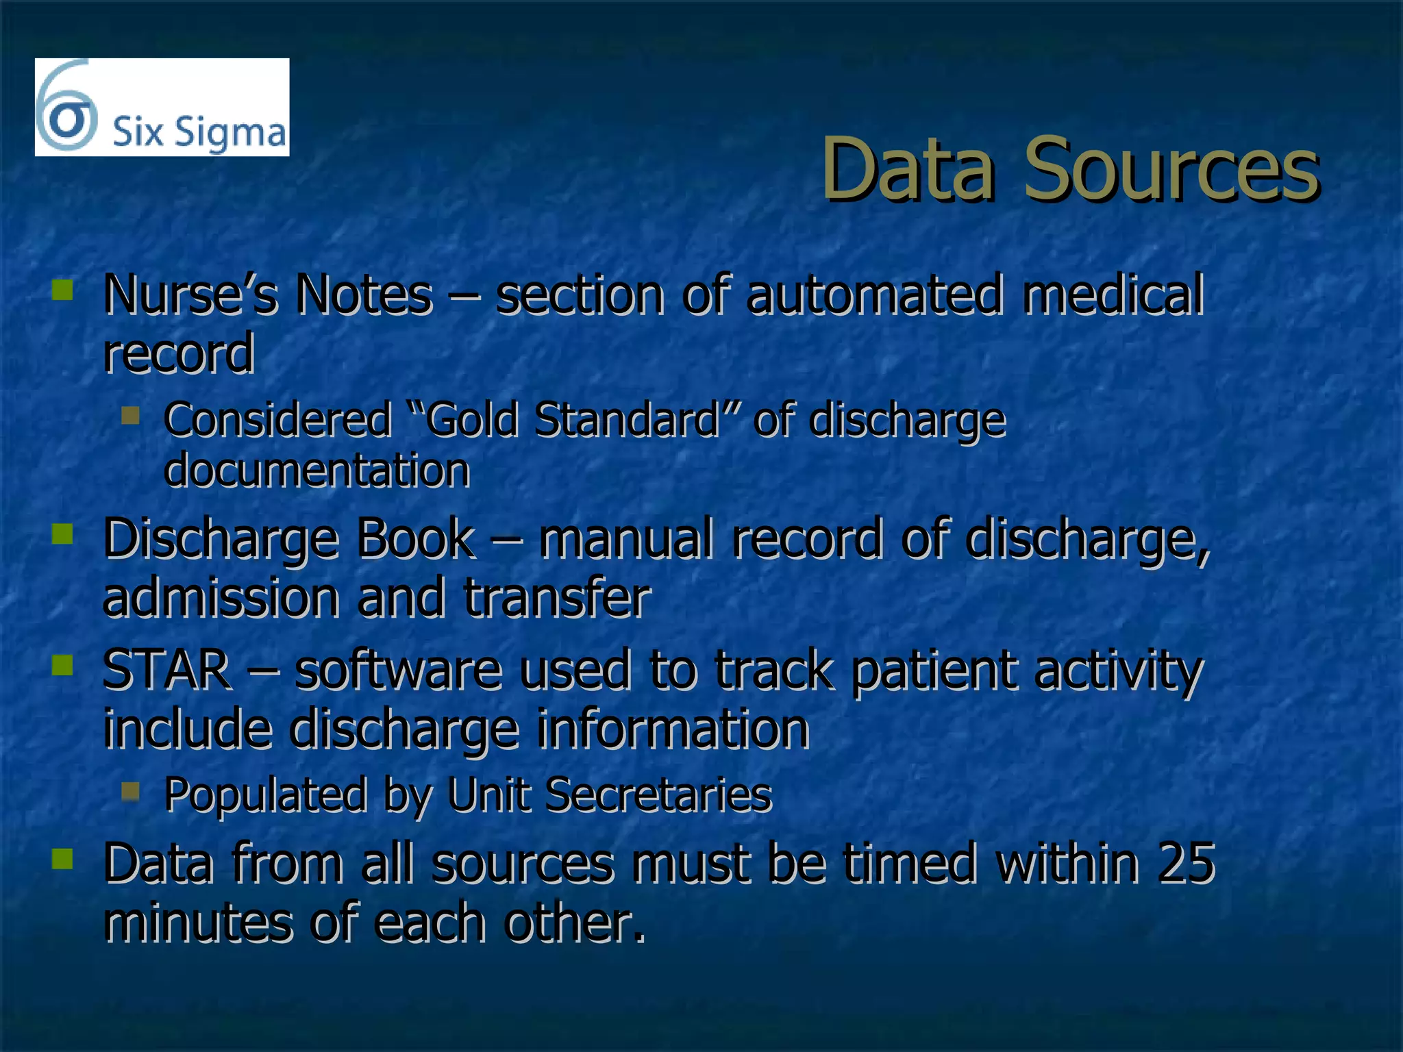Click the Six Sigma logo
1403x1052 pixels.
(162, 108)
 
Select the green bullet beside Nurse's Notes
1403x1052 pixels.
(62, 290)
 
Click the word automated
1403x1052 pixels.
(874, 295)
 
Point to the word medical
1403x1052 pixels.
(1113, 295)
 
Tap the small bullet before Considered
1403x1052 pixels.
(130, 415)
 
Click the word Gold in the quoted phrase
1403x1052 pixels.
(471, 420)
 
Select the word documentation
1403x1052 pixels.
(316, 471)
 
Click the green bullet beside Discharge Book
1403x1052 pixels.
(62, 534)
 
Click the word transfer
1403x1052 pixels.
(557, 598)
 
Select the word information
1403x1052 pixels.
(673, 729)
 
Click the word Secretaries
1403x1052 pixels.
(658, 795)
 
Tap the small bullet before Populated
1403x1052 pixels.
(130, 792)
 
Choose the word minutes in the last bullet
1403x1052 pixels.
(198, 922)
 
